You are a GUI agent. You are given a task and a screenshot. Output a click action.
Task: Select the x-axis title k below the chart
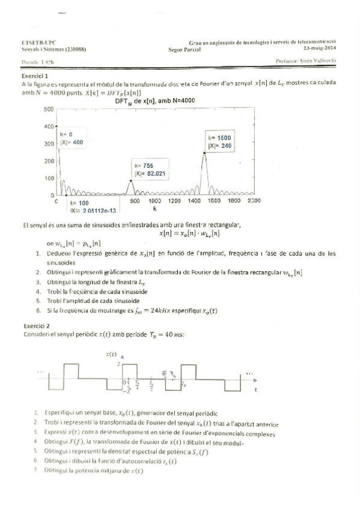(154, 209)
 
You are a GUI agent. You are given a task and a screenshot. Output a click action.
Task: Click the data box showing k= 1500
(220, 142)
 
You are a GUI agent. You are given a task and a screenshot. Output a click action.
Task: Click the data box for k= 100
(93, 207)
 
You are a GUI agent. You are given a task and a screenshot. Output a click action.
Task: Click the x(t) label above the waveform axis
(112, 355)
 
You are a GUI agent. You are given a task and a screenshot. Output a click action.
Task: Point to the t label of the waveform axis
(256, 390)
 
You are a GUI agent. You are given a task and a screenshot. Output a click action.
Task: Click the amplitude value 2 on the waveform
(119, 364)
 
